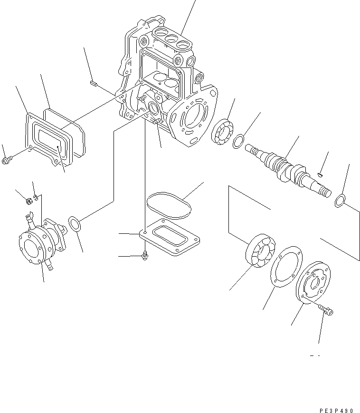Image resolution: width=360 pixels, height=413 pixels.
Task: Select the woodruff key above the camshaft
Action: [x=321, y=174]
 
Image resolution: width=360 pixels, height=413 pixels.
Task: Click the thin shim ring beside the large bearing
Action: [x=285, y=266]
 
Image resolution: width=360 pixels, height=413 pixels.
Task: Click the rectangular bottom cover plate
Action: [x=171, y=238]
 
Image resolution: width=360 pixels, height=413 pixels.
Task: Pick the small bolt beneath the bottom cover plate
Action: [x=145, y=256]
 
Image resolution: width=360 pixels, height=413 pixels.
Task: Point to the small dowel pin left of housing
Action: [x=93, y=84]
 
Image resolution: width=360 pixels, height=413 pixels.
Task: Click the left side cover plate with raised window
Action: [x=49, y=138]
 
